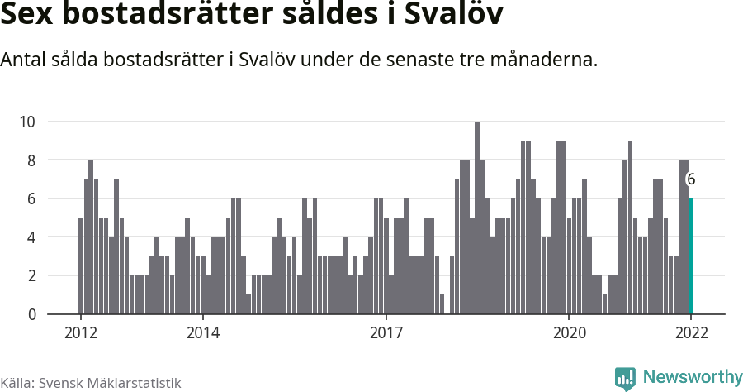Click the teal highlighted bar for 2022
coord(692,256)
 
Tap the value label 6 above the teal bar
coord(691,179)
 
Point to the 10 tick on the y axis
coord(27,122)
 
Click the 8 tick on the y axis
coord(31,160)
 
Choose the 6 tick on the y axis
coord(31,198)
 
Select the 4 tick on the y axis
coord(31,237)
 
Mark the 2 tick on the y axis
coord(31,275)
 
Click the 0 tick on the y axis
coord(31,314)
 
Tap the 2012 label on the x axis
coord(80,333)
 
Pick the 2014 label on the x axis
coord(202,333)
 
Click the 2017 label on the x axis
coord(386,333)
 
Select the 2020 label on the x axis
coord(569,333)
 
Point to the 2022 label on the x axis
coord(691,333)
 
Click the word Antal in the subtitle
coord(25,60)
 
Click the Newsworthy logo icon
coord(625,378)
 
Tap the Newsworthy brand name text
coord(692,377)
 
